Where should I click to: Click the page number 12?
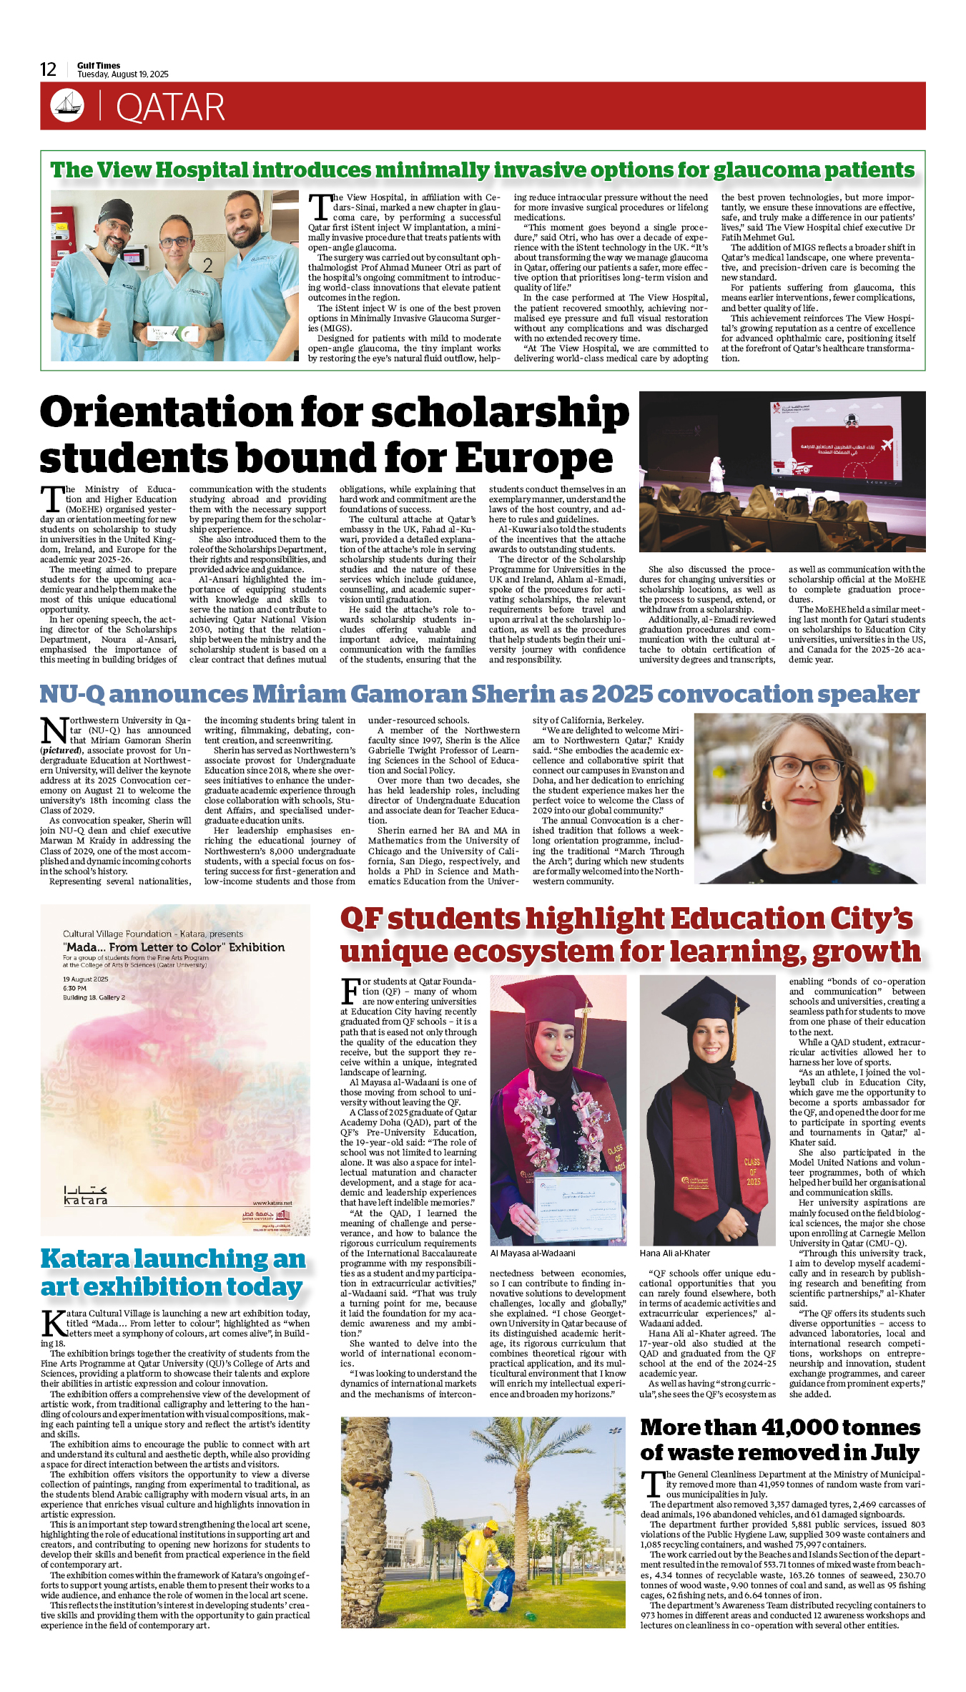pos(48,69)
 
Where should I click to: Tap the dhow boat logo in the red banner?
pos(66,106)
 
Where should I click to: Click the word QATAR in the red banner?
pos(170,108)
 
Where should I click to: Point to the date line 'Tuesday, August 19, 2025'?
pos(123,74)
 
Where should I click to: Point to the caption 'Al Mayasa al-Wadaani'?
pos(532,1253)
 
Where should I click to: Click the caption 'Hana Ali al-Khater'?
pos(674,1253)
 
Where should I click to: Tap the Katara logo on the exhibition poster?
pos(86,1195)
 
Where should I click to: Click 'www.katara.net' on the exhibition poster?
pos(272,1203)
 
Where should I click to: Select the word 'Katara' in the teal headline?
pos(86,1259)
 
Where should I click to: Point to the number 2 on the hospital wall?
pos(207,265)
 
